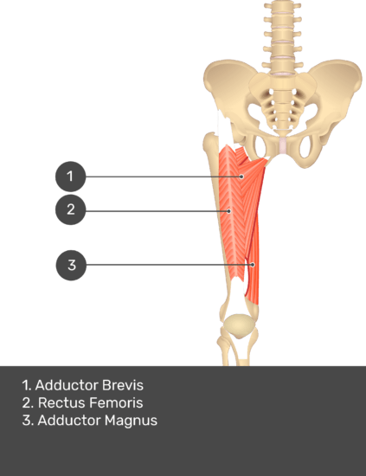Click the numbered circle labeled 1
coord(70,177)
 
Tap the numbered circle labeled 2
coord(70,209)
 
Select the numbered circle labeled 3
coord(71,266)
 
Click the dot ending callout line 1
coord(241,177)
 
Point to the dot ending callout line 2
coord(229,211)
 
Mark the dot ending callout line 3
coord(253,265)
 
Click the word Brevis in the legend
coord(123,385)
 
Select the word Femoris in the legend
coord(116,402)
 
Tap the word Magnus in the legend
coord(132,421)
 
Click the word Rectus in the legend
coord(62,402)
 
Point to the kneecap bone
coord(239,325)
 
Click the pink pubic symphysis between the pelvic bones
coord(283,145)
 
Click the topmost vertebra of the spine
coord(282,6)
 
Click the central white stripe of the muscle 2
coord(233,213)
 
